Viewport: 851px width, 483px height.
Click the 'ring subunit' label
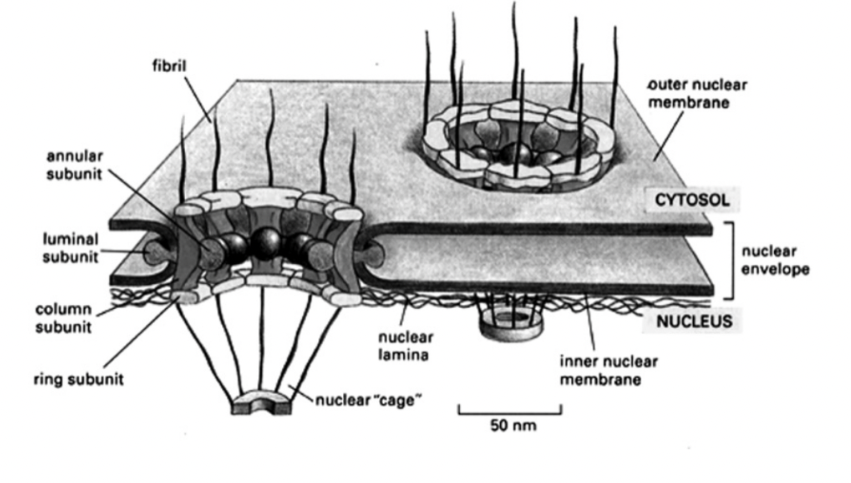pyautogui.click(x=78, y=379)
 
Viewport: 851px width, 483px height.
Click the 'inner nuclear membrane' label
pyautogui.click(x=600, y=370)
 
